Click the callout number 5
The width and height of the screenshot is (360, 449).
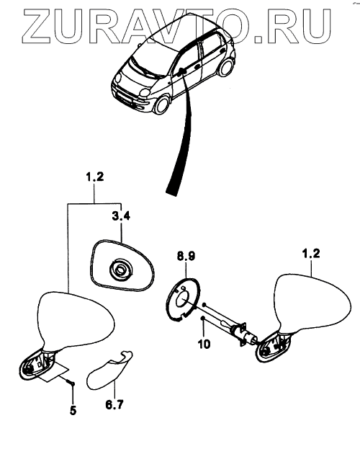click(73, 411)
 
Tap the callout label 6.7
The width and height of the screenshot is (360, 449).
click(114, 404)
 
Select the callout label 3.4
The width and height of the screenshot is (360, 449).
click(121, 216)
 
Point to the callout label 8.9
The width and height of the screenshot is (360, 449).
click(186, 256)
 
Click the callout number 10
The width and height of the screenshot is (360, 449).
click(204, 344)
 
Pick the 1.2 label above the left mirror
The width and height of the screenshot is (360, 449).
click(95, 177)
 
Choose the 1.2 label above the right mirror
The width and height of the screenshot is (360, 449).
click(311, 254)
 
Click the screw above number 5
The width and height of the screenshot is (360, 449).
click(71, 382)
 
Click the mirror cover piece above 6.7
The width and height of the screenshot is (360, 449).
click(109, 370)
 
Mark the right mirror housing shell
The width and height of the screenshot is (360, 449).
click(312, 304)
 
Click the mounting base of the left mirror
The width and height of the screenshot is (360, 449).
click(36, 365)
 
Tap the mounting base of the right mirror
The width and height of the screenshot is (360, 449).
click(274, 347)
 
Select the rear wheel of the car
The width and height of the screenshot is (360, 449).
click(226, 68)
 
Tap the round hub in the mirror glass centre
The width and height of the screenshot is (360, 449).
click(121, 270)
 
